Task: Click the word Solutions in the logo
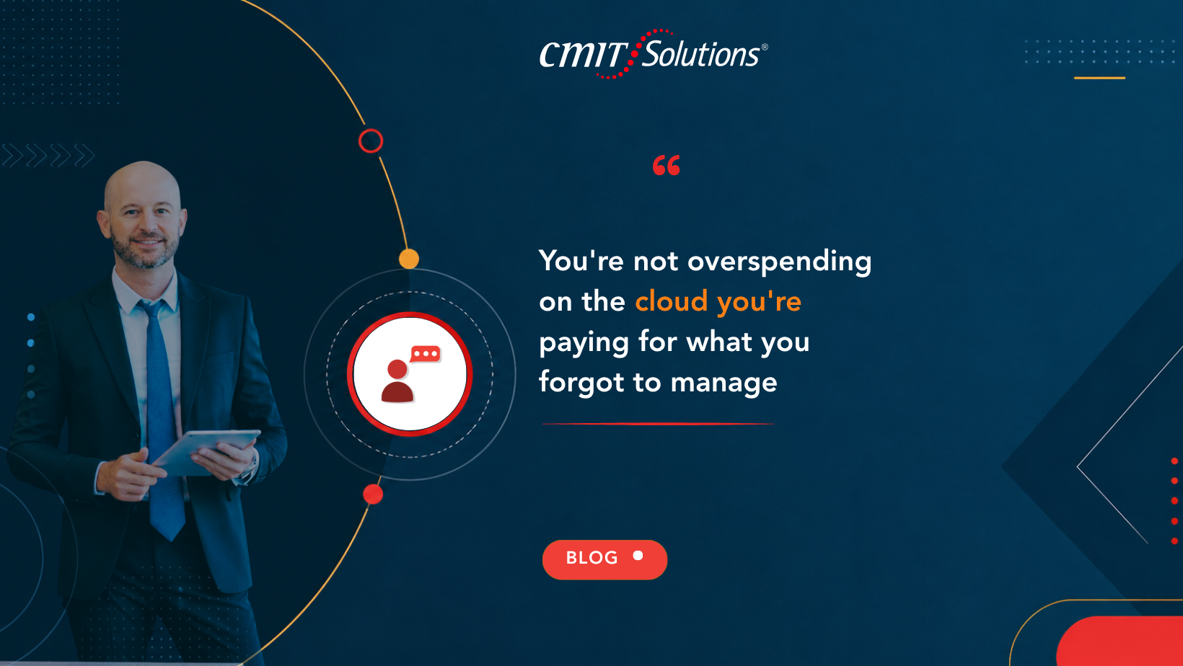click(700, 53)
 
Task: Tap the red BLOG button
click(604, 559)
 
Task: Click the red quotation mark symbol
click(667, 165)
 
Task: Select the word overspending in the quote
click(780, 262)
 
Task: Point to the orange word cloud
click(672, 301)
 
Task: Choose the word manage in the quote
click(724, 383)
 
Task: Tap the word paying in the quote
click(584, 343)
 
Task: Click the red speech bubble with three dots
click(425, 354)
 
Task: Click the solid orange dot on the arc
click(409, 259)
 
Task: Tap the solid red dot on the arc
click(373, 494)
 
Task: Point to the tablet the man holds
click(206, 452)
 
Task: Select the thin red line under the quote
click(658, 424)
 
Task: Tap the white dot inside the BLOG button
click(638, 556)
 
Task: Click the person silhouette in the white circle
click(397, 381)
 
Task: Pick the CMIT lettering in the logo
click(582, 54)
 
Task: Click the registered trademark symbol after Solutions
click(764, 47)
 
